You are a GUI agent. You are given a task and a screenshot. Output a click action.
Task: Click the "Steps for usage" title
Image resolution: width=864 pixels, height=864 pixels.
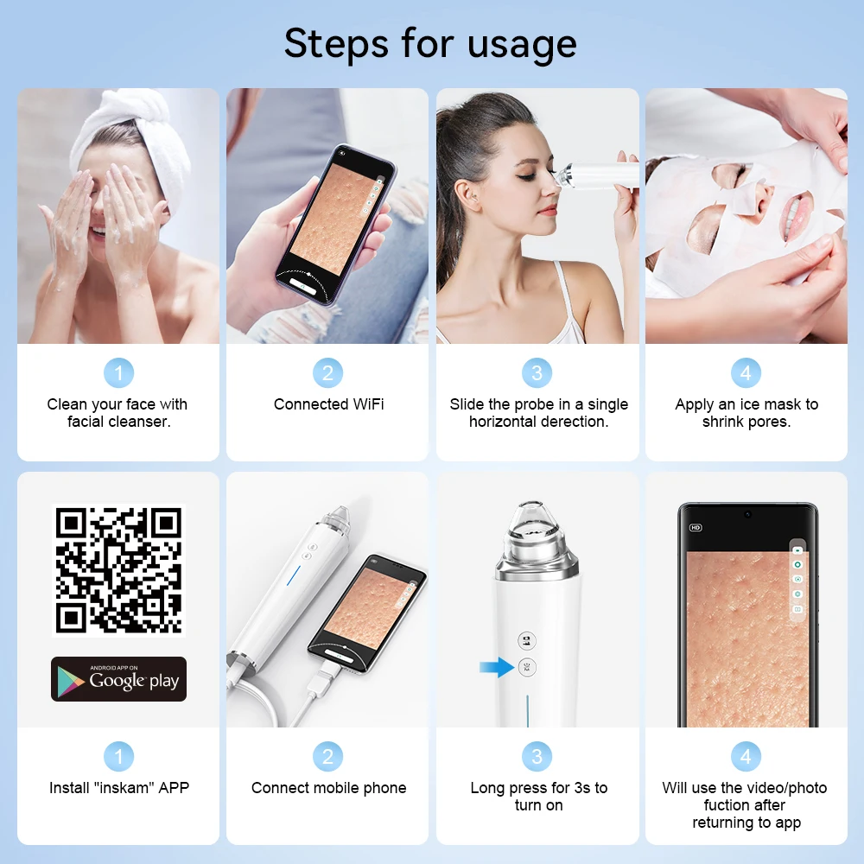(430, 43)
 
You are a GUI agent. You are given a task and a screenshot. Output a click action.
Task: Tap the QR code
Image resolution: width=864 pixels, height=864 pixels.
(118, 570)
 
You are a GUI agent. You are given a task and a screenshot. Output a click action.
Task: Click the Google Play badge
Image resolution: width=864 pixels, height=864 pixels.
(118, 679)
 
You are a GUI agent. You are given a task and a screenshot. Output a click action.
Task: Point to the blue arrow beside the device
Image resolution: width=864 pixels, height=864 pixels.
(496, 667)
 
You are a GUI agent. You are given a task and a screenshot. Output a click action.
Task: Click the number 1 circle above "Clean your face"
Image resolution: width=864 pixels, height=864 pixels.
(118, 373)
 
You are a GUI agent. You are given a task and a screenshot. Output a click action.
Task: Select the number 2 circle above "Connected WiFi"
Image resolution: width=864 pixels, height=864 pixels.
(327, 373)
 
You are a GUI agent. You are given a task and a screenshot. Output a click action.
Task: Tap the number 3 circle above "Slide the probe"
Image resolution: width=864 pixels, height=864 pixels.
(537, 373)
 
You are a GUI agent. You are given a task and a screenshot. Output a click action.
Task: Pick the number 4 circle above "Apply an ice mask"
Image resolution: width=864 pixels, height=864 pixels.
(746, 373)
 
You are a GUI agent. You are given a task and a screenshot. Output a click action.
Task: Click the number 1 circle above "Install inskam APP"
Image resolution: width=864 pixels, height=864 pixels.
(118, 757)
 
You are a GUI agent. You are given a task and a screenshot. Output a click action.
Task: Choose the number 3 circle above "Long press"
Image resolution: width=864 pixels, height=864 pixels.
(537, 757)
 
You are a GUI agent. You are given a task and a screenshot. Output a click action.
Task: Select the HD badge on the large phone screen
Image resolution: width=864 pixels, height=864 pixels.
(696, 527)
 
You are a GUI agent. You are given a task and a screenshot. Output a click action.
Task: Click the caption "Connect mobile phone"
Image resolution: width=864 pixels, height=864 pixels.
(328, 788)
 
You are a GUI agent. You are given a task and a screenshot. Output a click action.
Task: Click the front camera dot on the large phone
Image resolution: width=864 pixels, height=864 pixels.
(747, 515)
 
